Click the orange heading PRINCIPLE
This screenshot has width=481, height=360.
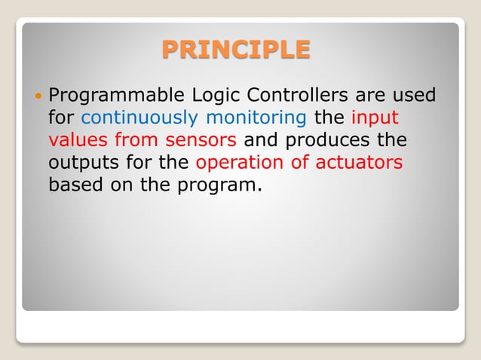236,49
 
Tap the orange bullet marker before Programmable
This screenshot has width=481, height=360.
38,97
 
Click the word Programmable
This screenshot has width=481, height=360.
112,96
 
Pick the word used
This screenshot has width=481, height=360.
417,96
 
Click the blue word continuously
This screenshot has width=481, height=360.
139,118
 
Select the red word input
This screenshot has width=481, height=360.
375,118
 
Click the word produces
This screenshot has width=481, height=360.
329,140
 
